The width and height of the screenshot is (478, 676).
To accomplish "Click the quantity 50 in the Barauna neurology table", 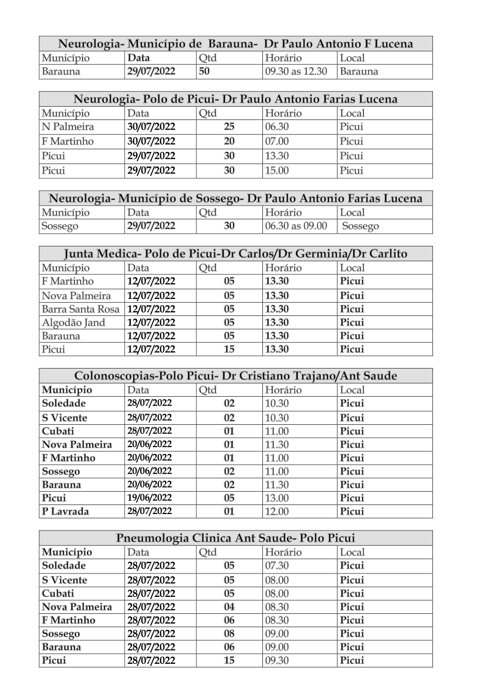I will pyautogui.click(x=204, y=72).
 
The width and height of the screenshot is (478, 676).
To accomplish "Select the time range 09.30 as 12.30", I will pyautogui.click(x=296, y=72).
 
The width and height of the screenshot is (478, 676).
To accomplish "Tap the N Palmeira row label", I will pyautogui.click(x=67, y=127).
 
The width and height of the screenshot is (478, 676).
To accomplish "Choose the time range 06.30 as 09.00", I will pyautogui.click(x=296, y=226).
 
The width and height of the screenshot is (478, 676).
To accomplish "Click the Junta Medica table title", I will pyautogui.click(x=235, y=254).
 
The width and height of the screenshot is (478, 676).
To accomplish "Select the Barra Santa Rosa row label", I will pyautogui.click(x=81, y=309).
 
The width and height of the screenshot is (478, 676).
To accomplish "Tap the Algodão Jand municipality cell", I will pyautogui.click(x=73, y=322).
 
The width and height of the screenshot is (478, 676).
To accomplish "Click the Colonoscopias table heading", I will pyautogui.click(x=235, y=376).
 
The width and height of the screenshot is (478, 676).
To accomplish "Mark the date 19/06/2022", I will pyautogui.click(x=149, y=498).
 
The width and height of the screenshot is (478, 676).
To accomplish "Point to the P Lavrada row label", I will pyautogui.click(x=65, y=512).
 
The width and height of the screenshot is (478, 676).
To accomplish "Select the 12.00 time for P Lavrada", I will pyautogui.click(x=277, y=512).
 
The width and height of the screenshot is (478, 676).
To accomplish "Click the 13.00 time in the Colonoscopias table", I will pyautogui.click(x=277, y=498).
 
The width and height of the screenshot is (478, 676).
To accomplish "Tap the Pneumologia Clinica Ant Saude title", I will pyautogui.click(x=235, y=538).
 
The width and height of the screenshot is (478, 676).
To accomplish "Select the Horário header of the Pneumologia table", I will pyautogui.click(x=283, y=552).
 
